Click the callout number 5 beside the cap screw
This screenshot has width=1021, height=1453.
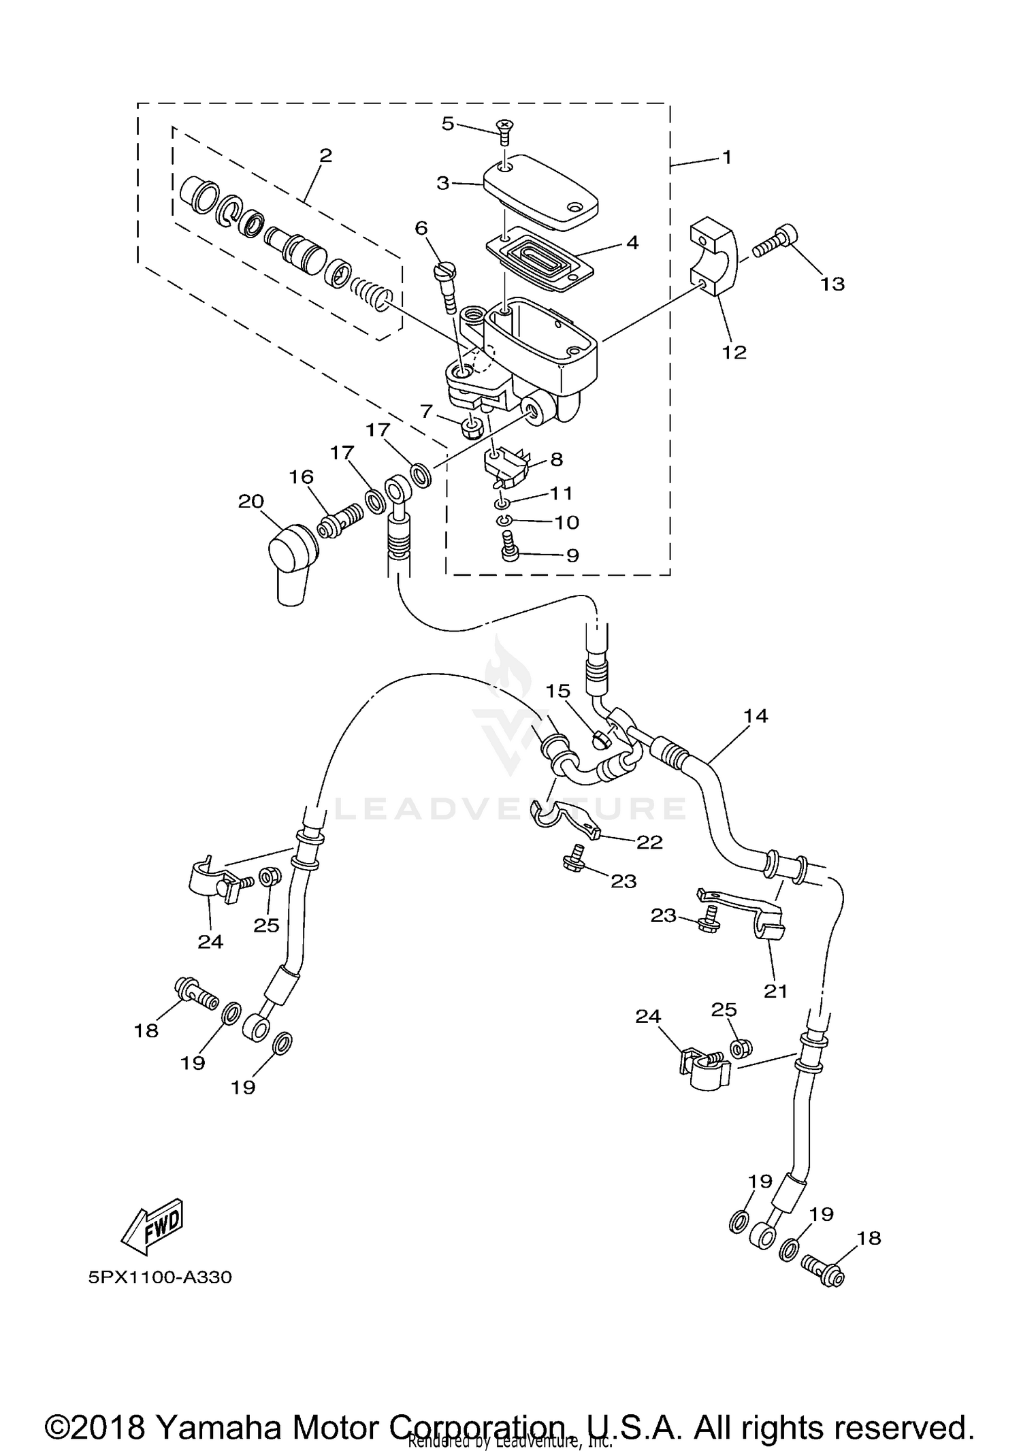pos(447,124)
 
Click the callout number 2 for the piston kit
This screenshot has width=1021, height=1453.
pos(325,155)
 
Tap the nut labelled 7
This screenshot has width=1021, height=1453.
pos(472,427)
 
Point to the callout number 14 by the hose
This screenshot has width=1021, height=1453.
pos(756,716)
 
